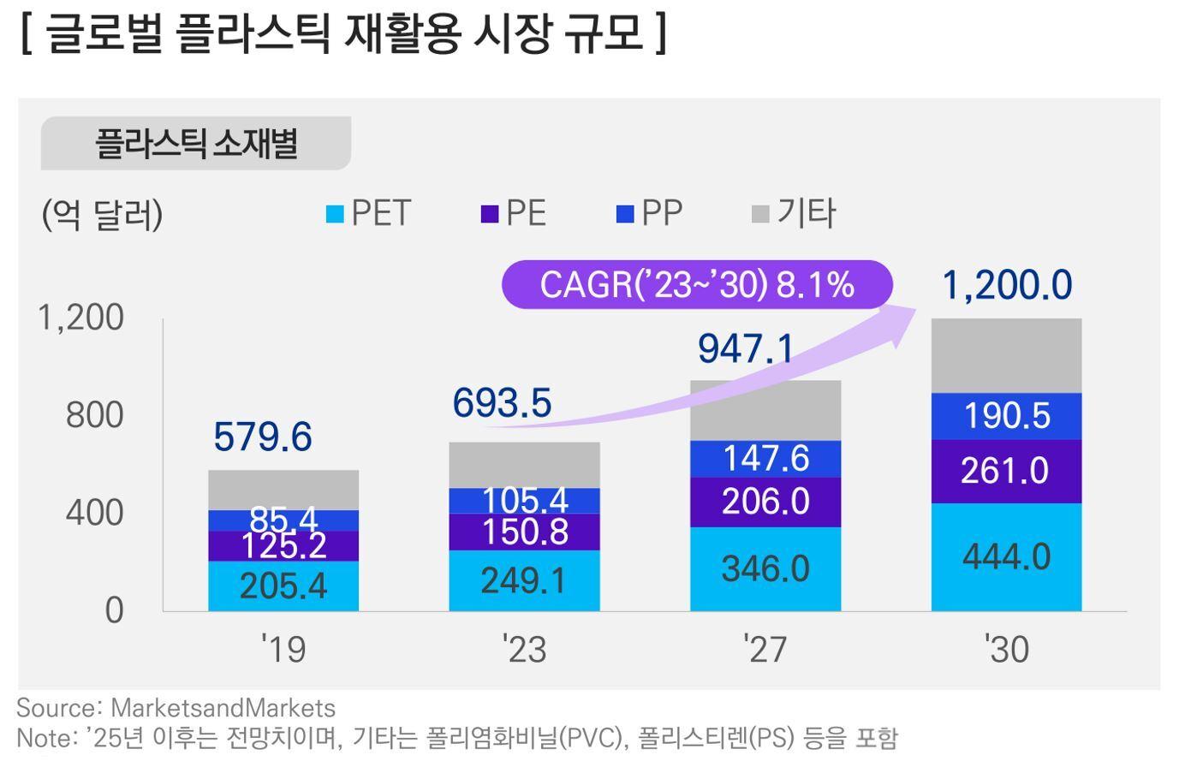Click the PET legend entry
(x=369, y=213)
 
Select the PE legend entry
(x=514, y=213)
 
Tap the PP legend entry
(x=650, y=213)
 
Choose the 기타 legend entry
(x=794, y=213)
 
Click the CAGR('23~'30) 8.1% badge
(x=696, y=284)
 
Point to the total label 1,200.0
(x=1006, y=285)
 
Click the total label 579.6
(x=263, y=437)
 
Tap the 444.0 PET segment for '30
(x=1006, y=557)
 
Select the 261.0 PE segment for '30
(x=1006, y=472)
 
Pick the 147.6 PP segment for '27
(x=765, y=459)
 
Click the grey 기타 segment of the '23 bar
(x=524, y=465)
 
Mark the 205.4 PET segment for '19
(x=283, y=586)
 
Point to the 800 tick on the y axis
(x=94, y=415)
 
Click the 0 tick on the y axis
(x=114, y=611)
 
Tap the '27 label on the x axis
(x=765, y=650)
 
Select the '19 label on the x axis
(x=283, y=650)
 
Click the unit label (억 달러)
(x=102, y=214)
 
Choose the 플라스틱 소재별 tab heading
(x=196, y=143)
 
